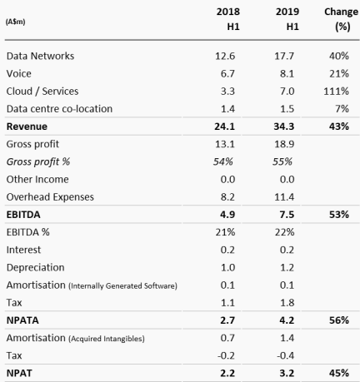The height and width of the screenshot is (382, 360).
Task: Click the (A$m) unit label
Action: click(15, 22)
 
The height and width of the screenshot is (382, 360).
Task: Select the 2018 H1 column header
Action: click(228, 19)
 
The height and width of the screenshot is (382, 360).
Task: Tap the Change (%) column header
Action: click(341, 19)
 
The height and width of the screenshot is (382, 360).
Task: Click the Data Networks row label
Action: click(40, 56)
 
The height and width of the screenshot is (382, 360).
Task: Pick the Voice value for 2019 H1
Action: click(287, 74)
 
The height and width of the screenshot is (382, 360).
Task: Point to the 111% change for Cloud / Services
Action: click(336, 92)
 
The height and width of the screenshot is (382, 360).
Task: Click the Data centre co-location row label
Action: click(59, 109)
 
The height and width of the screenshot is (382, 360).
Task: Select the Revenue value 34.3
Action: click(284, 127)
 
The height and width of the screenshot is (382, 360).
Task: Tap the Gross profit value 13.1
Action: click(225, 144)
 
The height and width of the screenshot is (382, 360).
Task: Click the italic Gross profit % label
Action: click(38, 161)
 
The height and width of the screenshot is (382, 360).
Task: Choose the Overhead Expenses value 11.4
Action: click(284, 197)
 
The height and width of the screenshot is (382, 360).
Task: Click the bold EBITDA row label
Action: click(23, 215)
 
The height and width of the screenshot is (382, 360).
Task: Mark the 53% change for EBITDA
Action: click(339, 215)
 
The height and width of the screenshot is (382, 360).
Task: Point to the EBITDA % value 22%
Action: click(284, 232)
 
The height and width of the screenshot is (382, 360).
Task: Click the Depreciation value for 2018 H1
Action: click(227, 267)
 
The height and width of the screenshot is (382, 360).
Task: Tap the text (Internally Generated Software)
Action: click(122, 285)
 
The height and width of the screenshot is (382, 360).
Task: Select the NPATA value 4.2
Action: click(287, 320)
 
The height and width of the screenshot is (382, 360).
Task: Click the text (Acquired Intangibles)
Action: click(107, 339)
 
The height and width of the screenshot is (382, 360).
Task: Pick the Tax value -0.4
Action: click(285, 355)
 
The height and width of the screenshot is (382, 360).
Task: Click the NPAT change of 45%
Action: click(339, 373)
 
